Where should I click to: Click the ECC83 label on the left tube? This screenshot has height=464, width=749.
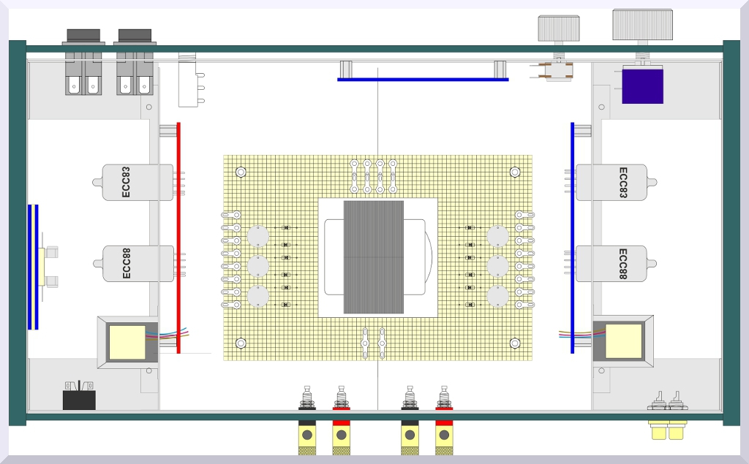point(127,183)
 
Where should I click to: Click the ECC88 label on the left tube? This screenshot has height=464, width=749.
point(127,264)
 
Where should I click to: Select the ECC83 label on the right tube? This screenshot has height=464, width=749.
point(623,183)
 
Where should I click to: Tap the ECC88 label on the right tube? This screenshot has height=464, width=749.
point(623,264)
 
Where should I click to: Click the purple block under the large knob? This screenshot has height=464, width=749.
point(642,85)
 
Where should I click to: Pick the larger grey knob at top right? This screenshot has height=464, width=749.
point(642,25)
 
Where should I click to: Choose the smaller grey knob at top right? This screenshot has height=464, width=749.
point(559,28)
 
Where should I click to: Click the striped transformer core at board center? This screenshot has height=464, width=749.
point(373,247)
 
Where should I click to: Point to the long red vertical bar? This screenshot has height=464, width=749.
point(178,237)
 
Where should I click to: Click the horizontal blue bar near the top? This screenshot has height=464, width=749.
point(423,79)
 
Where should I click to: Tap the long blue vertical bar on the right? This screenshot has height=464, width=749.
point(572,237)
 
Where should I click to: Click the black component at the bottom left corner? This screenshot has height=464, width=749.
point(79,399)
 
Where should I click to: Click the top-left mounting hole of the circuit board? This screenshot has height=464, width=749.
point(241,172)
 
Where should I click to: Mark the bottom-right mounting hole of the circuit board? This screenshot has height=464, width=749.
point(515,343)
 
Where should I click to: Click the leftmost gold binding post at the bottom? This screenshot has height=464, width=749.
point(307,437)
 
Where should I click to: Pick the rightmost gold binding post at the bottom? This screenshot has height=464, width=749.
point(443,437)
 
